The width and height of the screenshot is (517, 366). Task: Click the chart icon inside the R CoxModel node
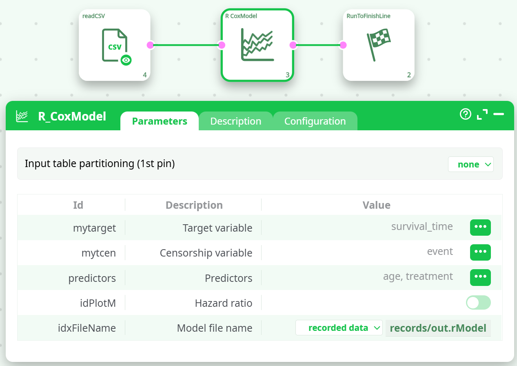(257, 45)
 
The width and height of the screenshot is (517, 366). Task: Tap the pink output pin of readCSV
(150, 45)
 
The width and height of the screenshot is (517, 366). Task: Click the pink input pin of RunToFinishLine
(343, 45)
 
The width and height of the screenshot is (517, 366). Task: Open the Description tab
(236, 121)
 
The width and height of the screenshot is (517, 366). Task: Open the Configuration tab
(315, 121)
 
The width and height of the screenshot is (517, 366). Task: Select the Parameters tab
(160, 121)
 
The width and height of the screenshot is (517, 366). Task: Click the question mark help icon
(465, 114)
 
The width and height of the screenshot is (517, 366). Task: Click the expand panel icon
(482, 114)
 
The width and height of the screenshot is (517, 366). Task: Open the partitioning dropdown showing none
(470, 164)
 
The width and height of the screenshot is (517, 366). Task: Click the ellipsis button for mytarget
(480, 228)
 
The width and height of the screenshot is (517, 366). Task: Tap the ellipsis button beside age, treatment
(480, 277)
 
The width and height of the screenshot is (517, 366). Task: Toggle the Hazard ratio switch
(478, 302)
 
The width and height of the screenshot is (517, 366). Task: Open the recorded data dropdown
(339, 328)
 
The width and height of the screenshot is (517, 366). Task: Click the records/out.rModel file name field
(438, 328)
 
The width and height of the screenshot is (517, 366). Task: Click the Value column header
(377, 205)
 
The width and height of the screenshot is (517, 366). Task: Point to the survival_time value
(422, 227)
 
